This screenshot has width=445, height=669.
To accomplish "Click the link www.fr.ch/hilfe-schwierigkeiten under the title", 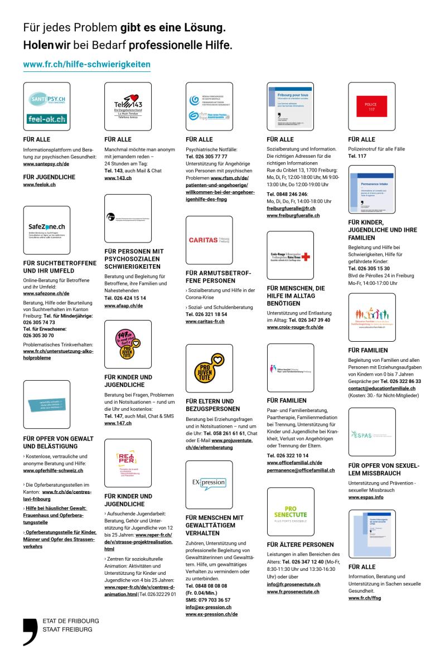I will click(86, 65).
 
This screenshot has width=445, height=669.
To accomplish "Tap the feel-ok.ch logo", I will click(47, 118).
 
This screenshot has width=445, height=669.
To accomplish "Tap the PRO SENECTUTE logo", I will click(290, 511).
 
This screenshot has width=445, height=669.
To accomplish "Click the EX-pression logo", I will click(209, 480).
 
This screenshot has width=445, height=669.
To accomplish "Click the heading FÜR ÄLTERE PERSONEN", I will click(301, 545).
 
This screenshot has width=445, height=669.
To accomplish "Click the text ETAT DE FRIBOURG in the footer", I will click(71, 620).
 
